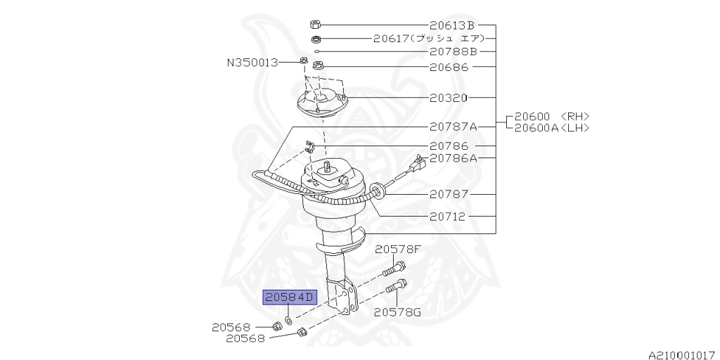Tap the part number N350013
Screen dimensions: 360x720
252,63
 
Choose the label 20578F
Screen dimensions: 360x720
398,249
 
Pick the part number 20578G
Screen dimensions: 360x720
397,311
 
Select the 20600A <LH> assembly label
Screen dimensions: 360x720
551,127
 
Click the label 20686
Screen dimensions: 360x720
449,67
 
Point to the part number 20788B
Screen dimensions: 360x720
453,51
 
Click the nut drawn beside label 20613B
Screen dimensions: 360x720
316,25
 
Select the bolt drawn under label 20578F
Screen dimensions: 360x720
394,268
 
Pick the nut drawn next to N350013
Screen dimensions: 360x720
303,61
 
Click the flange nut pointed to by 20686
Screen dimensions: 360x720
317,67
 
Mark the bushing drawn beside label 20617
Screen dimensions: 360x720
316,39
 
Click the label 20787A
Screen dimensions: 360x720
453,127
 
